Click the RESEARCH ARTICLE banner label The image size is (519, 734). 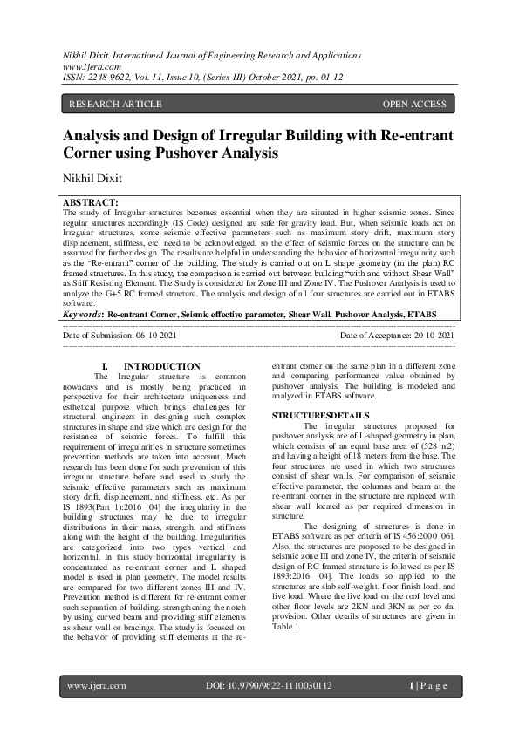tap(114, 105)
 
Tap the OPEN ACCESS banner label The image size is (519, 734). tap(414, 105)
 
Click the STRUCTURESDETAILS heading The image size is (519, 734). tap(321, 414)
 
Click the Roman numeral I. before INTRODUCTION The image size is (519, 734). tap(106, 366)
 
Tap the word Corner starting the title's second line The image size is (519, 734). tap(91, 153)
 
